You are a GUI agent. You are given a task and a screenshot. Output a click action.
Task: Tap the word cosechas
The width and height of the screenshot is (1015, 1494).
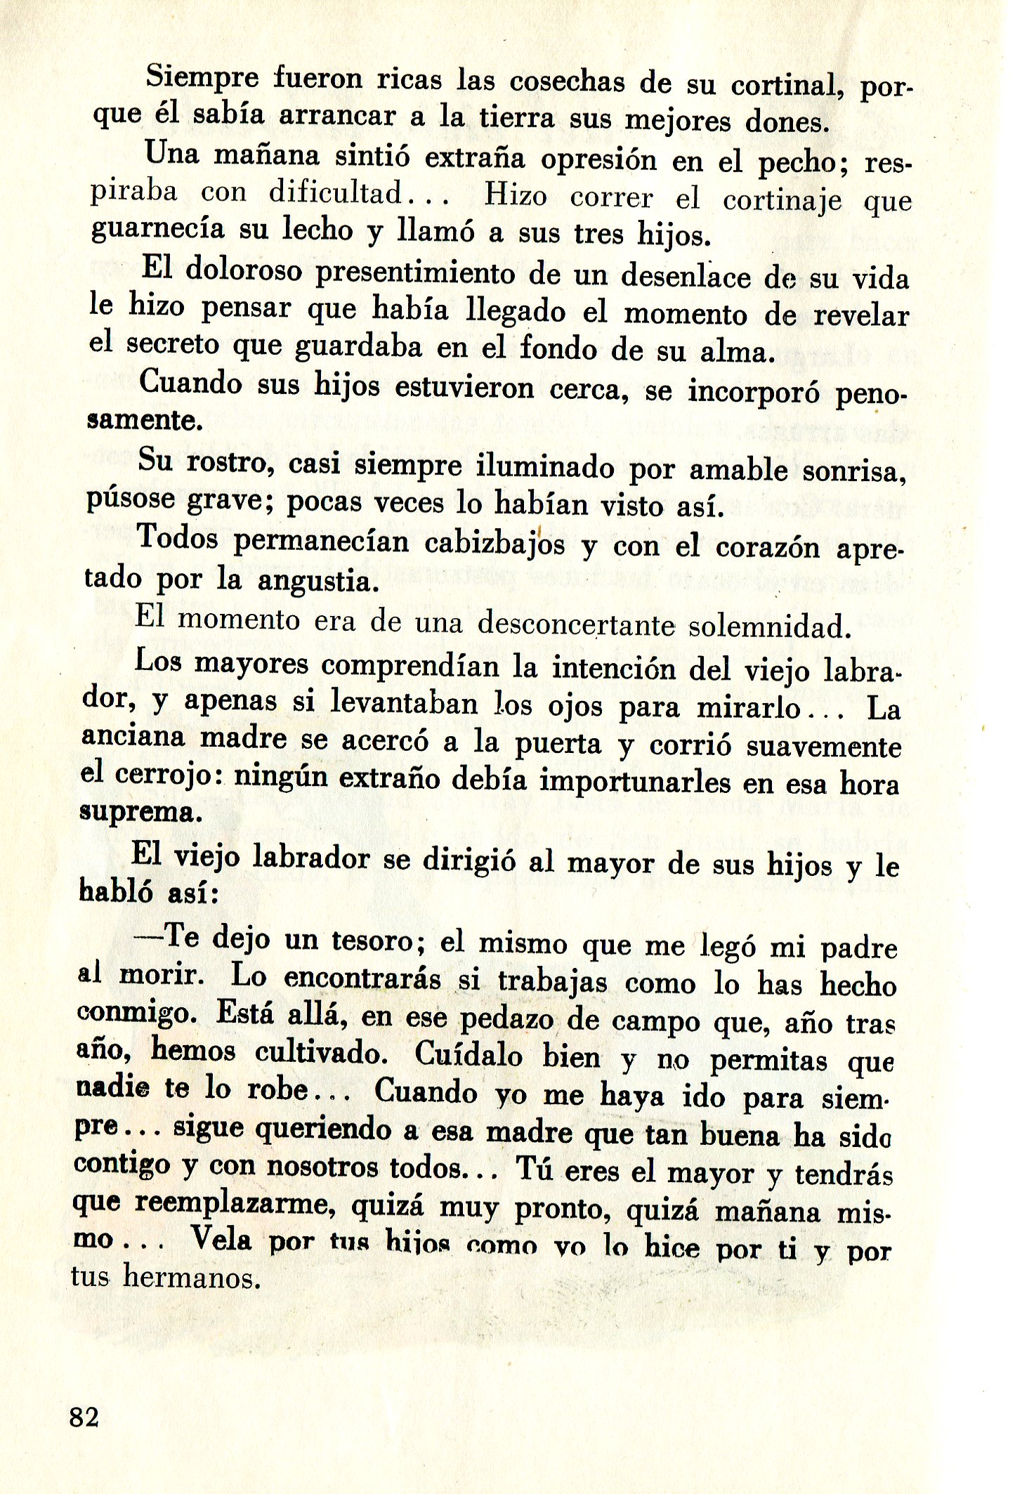click(x=567, y=81)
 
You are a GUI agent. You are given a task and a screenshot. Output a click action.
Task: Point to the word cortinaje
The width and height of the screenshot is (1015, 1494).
click(x=782, y=201)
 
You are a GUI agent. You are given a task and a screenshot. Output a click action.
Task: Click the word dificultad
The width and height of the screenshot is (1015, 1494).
click(x=335, y=192)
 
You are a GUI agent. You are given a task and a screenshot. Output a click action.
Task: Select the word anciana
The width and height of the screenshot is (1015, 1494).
click(x=133, y=737)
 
